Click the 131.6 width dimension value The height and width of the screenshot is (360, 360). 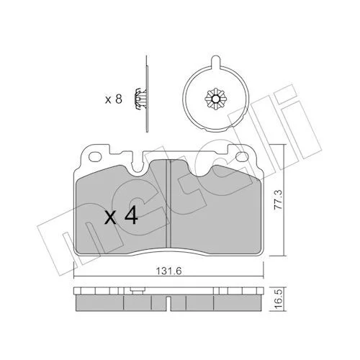pos(168,271)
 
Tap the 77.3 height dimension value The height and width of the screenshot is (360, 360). pos(279,199)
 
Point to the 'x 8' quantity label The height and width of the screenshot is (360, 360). pos(114,99)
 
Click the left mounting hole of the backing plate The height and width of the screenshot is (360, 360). pos(95,157)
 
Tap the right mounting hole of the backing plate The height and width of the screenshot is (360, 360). pos(242,157)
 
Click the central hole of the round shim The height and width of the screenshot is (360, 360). pos(216,99)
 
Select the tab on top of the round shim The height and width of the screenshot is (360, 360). pos(216,61)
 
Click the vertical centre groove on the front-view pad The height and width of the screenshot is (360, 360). pos(168,203)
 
